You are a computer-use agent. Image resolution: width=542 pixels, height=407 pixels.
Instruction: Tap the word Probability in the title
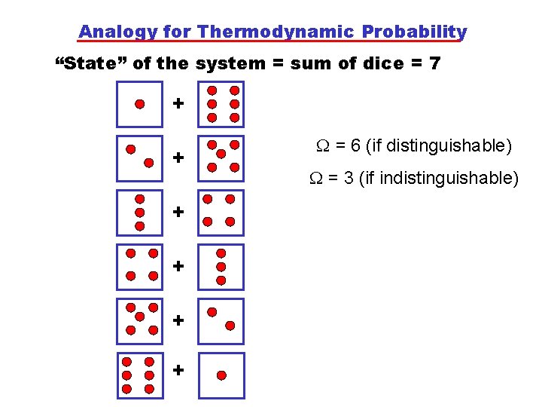click(x=414, y=32)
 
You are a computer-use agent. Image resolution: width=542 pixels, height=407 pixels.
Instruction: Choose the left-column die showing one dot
click(x=140, y=104)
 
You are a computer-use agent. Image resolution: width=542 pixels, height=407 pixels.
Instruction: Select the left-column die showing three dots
click(x=140, y=213)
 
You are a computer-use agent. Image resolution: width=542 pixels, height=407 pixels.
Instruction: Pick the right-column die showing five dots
click(x=222, y=158)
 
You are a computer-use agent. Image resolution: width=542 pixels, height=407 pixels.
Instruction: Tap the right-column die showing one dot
click(x=222, y=375)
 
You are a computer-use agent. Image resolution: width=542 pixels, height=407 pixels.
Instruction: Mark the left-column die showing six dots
click(x=139, y=375)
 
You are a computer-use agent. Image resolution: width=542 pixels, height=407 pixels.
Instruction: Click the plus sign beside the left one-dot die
click(x=178, y=103)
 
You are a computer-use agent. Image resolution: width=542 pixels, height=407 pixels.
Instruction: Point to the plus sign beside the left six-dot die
click(x=178, y=370)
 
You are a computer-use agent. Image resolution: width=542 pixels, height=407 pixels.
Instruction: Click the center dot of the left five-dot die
click(x=141, y=318)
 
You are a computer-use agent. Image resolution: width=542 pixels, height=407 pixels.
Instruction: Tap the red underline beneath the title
click(x=271, y=41)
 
